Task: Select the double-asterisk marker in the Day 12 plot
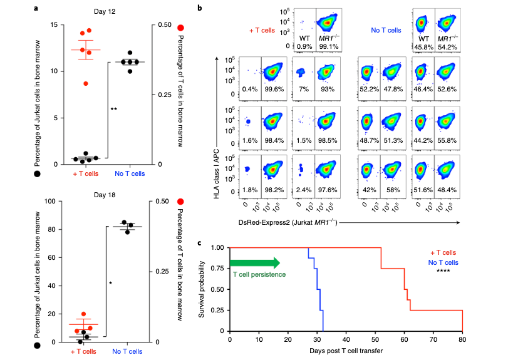[x=114, y=110]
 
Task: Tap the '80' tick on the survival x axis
[x=463, y=340]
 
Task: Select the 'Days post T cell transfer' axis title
[x=346, y=351]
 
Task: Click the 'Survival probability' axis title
[x=203, y=289]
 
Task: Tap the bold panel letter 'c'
[x=199, y=242]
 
